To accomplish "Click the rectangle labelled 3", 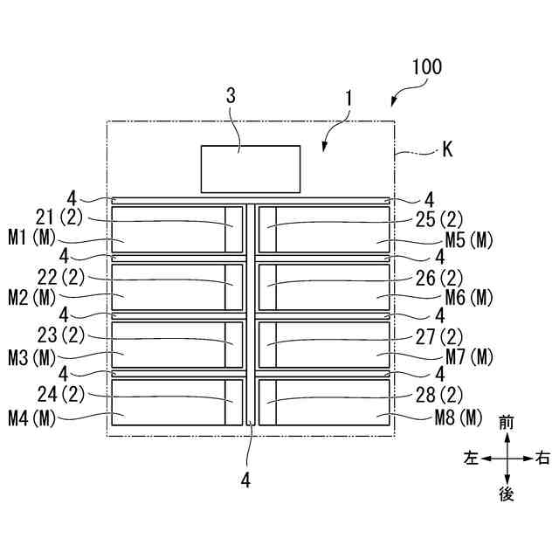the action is tap(251, 169).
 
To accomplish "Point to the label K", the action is tap(446, 150).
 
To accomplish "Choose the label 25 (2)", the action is tap(440, 217).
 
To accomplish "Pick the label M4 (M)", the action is tap(31, 418).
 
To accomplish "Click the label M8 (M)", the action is tap(459, 418).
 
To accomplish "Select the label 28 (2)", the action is tap(440, 394).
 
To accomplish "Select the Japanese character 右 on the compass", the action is tap(542, 458).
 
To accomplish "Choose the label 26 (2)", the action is tap(440, 278).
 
